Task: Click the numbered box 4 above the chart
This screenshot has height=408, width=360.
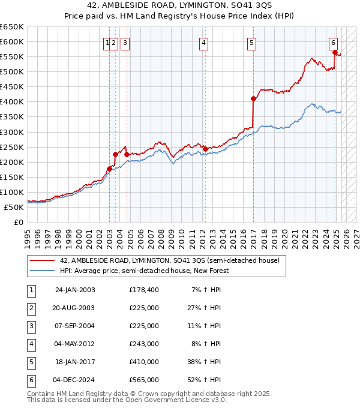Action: pos(204,43)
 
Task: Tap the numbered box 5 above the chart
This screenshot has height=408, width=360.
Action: pos(251,43)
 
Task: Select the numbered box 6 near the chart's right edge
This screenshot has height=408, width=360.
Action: pos(333,43)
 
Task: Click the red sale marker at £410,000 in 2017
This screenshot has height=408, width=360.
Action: pos(253,99)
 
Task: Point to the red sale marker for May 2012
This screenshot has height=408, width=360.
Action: pos(205,149)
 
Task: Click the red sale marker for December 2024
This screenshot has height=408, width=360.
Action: pos(334,52)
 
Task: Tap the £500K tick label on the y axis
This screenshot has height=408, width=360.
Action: pos(12,71)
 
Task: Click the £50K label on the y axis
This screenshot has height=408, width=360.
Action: pos(14,207)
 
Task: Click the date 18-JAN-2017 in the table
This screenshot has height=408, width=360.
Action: pos(74,362)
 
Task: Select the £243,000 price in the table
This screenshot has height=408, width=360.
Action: pos(144,344)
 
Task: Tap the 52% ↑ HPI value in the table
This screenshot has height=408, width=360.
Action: pos(206,380)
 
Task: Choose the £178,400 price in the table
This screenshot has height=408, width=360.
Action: pos(144,290)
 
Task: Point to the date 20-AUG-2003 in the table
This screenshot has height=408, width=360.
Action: pos(74,308)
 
